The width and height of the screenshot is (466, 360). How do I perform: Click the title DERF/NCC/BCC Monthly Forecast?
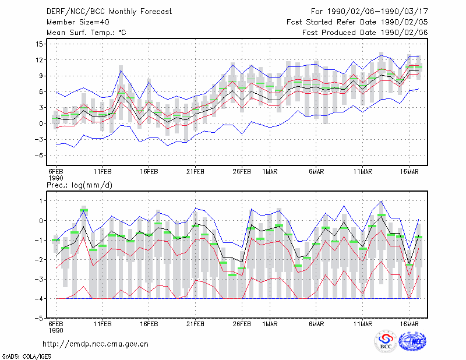tap(109, 12)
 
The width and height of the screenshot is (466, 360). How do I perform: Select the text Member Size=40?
tap(78, 22)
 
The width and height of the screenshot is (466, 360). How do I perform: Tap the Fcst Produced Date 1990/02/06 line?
tap(365, 33)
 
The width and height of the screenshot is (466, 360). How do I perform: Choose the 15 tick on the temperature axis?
tap(39, 44)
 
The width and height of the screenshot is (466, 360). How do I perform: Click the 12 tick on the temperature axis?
tap(39, 60)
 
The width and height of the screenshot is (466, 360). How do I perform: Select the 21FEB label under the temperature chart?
tap(195, 172)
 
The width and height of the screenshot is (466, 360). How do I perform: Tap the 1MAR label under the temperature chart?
tap(270, 172)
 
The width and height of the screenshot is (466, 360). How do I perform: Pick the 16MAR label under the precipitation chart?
tap(409, 324)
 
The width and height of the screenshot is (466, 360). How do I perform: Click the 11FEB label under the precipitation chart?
tap(103, 324)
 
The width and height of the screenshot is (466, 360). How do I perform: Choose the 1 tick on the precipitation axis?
tap(41, 201)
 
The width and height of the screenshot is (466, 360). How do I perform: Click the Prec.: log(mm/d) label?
tap(79, 185)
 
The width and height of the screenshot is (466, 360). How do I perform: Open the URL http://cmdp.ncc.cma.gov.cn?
tap(96, 344)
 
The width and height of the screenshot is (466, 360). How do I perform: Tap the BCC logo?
tap(386, 341)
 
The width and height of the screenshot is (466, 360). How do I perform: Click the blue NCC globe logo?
tap(412, 341)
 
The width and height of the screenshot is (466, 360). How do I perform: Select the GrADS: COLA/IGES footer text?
tap(26, 357)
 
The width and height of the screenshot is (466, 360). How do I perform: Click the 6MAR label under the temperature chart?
tap(316, 172)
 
